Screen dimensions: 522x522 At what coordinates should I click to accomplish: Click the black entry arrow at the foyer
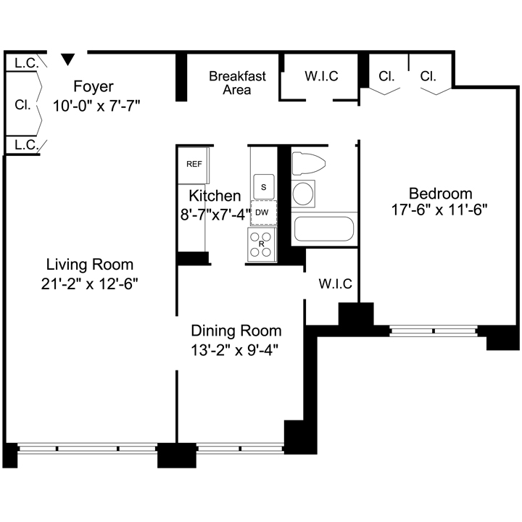coord(68,59)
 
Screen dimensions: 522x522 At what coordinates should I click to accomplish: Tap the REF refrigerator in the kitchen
coord(194,165)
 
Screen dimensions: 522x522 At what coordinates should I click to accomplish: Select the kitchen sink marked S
coord(264,187)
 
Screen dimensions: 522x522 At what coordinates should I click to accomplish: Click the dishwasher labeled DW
coord(264,212)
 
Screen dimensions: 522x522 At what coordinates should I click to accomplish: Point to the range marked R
coord(262,244)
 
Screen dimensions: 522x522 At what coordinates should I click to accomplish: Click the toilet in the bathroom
coord(309,163)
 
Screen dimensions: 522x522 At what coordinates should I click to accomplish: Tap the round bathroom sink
coord(303,194)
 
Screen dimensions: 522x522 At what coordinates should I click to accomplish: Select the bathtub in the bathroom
coord(324,229)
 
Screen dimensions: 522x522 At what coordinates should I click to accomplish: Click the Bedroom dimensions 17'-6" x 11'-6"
coord(439,210)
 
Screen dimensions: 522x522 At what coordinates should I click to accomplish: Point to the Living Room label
coord(90,265)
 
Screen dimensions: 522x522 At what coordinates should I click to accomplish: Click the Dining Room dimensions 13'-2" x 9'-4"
coord(234,350)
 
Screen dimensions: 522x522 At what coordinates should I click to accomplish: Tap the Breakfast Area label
coord(237,83)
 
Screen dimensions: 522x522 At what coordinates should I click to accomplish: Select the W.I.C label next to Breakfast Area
coord(321,76)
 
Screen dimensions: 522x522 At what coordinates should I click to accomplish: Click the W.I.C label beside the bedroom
coord(335,284)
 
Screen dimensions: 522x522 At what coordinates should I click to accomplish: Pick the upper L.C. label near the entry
coord(26,63)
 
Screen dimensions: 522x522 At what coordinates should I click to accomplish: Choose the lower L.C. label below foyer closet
coord(26,145)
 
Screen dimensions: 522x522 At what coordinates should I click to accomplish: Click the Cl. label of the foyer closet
coord(22,105)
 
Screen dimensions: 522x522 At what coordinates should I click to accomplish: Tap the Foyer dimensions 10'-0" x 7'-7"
coord(96,106)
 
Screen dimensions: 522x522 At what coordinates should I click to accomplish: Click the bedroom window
coord(434,331)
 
